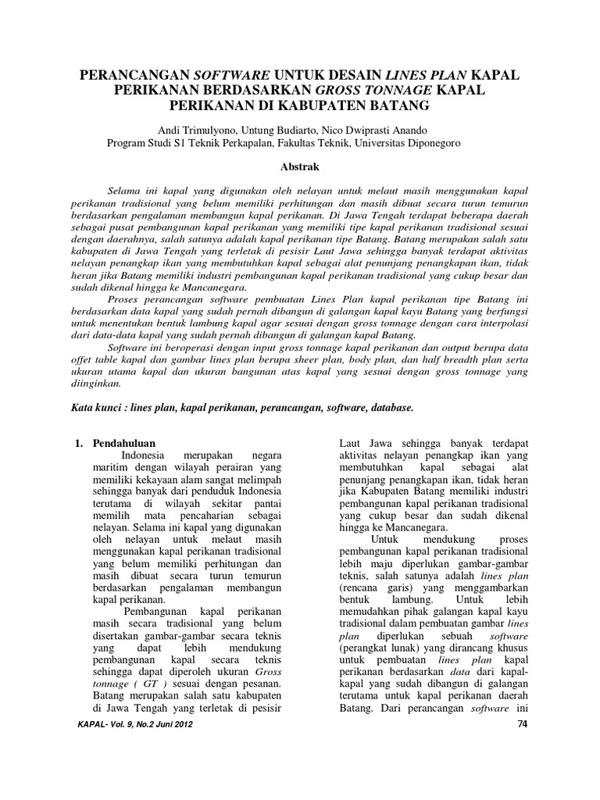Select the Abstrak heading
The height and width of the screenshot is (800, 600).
(x=299, y=166)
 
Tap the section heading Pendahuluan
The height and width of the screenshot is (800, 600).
(x=125, y=443)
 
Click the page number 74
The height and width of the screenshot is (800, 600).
(x=523, y=724)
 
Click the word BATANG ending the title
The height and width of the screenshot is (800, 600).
(x=401, y=104)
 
